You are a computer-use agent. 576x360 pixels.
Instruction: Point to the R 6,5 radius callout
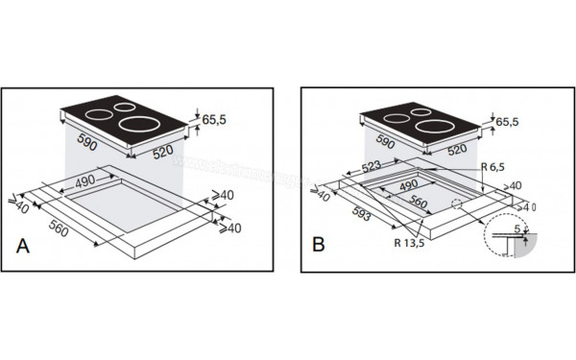point(495,167)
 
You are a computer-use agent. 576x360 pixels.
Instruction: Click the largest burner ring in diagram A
point(138,123)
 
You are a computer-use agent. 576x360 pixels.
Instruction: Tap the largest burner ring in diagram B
point(435,123)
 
